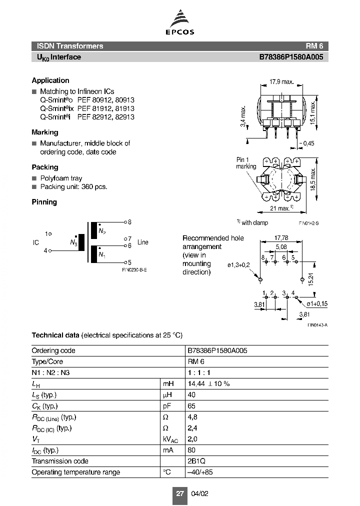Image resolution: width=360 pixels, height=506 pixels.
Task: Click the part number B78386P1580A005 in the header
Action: pos(290,57)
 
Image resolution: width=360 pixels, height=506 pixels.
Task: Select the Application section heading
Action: pos(50,80)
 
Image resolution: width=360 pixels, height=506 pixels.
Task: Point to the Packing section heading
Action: pos(45,167)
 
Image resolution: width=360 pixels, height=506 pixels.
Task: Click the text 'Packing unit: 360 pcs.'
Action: pos(73,187)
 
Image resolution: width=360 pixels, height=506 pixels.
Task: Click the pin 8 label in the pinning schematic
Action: pos(129,221)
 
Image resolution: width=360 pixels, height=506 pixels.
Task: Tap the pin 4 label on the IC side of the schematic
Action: pos(45,250)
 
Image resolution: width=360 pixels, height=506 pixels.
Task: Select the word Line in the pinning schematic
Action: pos(142,242)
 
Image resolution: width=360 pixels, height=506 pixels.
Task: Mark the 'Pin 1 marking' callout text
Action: pos(246,163)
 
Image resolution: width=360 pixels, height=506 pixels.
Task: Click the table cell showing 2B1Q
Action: pos(196,461)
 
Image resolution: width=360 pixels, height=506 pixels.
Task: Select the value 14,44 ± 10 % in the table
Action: pos(208,383)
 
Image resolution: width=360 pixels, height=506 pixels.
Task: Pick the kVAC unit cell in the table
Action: pos(171,439)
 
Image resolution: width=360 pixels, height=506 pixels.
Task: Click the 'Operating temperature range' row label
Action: pos(75,472)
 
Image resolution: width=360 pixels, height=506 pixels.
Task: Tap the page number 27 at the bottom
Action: pos(179,493)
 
